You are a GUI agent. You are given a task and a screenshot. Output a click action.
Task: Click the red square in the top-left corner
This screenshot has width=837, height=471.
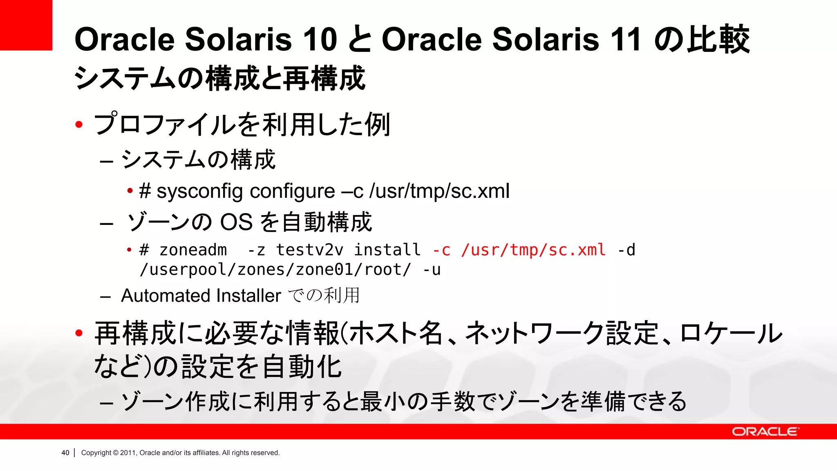coord(26,25)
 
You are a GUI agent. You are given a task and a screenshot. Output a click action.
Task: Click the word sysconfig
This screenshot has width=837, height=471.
coord(200,191)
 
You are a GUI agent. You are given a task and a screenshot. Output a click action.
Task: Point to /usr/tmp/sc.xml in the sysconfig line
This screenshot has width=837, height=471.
coord(439,191)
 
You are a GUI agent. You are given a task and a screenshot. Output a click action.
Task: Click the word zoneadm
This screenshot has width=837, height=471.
coord(193,250)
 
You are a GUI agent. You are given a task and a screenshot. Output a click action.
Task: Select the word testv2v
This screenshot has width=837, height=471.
coord(309,250)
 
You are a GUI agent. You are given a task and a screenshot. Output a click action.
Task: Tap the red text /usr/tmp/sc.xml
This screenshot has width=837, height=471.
coord(533,250)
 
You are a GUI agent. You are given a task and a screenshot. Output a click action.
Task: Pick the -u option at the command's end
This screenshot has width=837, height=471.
coord(432,270)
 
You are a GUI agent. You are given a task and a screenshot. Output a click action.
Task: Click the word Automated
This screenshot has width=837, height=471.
coord(166,296)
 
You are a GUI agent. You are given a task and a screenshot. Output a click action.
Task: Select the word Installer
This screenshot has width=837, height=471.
coord(248,296)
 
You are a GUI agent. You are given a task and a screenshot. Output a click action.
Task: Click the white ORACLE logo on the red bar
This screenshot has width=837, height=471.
coord(765,432)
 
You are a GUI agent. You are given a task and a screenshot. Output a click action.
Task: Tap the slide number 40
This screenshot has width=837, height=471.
coord(65,453)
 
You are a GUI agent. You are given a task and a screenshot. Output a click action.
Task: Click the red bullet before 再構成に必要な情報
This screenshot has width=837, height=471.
coord(79,333)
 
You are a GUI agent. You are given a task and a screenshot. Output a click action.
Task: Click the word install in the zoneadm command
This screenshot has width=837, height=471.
coord(387,250)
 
